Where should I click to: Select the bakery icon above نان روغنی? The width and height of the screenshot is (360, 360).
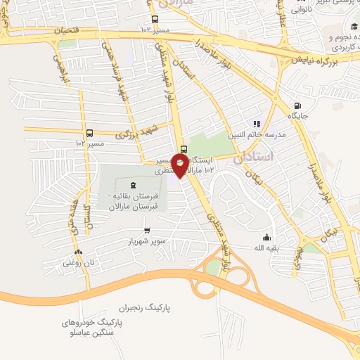77,252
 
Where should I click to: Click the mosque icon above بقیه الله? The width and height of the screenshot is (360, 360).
266,237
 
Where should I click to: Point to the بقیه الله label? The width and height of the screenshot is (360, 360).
266,248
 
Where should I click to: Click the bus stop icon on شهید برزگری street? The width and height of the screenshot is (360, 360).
89,132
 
